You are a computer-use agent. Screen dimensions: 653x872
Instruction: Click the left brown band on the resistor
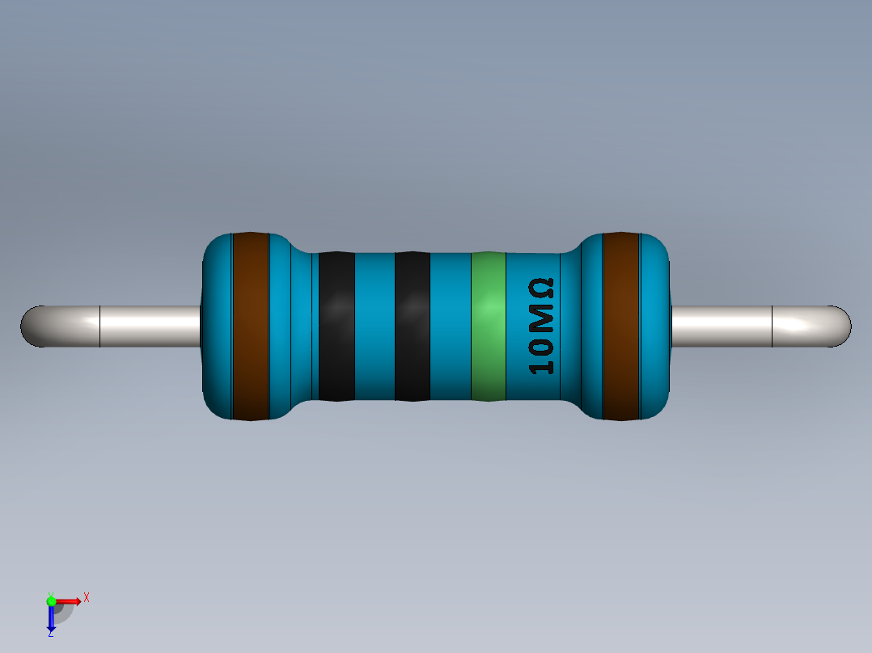pos(250,326)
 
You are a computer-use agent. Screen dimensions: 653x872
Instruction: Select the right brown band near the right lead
pos(621,326)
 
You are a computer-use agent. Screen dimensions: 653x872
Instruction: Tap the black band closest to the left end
pos(337,326)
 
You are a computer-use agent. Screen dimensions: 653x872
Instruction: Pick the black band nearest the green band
pos(412,326)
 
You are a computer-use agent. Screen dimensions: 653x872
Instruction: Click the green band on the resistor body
pos(488,326)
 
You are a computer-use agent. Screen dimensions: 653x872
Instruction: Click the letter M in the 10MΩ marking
pos(541,322)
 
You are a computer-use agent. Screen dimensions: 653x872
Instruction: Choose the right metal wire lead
pos(720,326)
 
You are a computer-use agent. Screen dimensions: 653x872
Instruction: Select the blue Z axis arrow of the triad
pos(51,619)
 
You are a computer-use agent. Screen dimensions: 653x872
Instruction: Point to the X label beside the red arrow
pos(86,597)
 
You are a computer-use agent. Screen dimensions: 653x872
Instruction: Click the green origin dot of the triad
pos(51,600)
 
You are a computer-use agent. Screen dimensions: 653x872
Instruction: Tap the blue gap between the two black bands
pos(375,326)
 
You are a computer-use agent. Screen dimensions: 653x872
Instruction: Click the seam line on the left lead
pos(99,326)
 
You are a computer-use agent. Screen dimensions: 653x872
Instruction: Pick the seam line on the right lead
pos(773,326)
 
